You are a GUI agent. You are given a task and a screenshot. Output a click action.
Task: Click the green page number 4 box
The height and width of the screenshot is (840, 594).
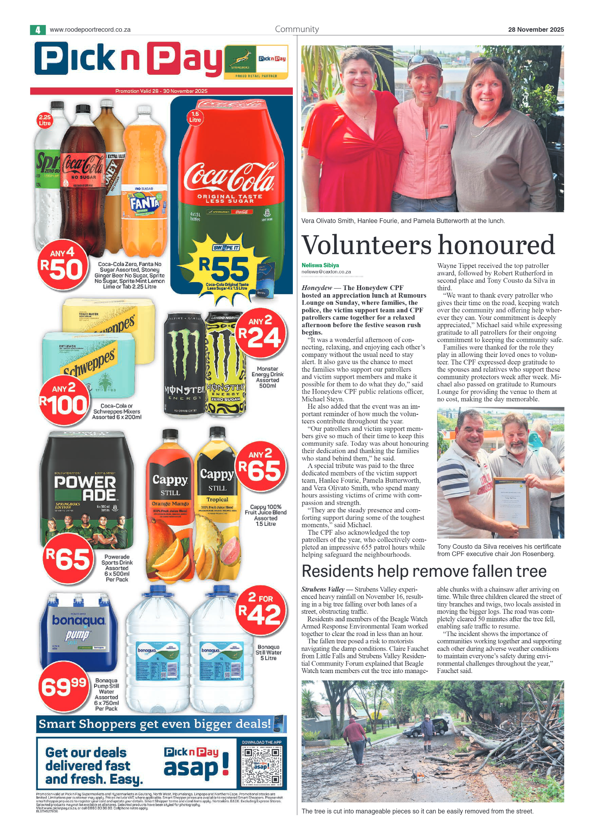coord(38,30)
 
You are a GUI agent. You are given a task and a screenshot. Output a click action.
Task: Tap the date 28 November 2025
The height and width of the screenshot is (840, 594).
coord(535,29)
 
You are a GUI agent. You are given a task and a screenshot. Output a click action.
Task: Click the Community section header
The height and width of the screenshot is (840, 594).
coord(297,29)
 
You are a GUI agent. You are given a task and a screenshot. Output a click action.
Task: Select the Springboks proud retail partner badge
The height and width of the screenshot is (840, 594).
coord(256,62)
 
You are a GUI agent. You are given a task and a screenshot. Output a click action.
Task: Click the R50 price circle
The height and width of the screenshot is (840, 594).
coord(62,265)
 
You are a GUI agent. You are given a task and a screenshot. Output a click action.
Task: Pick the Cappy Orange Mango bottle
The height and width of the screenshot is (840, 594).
coord(170,506)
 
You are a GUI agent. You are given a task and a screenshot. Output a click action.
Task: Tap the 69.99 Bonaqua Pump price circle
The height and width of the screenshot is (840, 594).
coord(63,686)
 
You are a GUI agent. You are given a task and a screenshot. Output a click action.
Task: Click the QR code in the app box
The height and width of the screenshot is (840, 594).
coord(261,765)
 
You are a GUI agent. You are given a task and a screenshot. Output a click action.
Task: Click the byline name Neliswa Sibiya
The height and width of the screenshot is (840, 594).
coord(320,265)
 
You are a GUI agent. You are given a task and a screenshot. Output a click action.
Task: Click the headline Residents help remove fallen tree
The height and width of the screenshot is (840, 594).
coord(424,571)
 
